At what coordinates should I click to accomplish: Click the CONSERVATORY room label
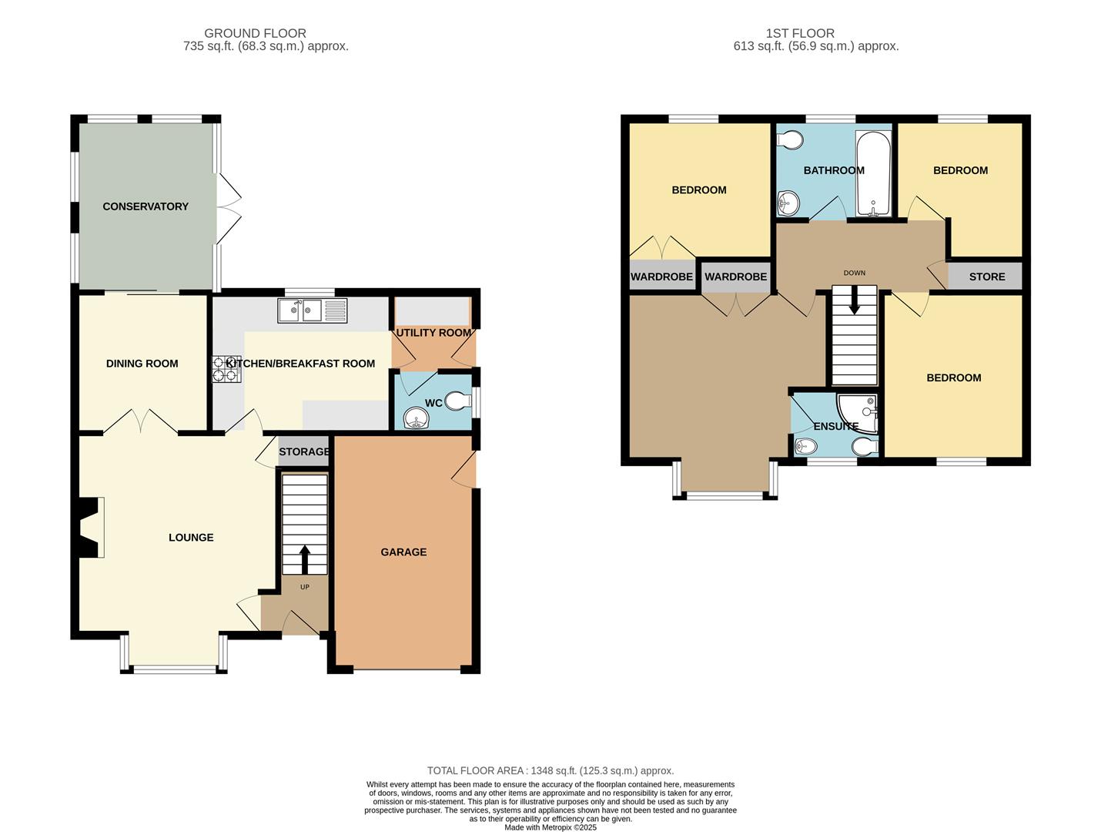146,206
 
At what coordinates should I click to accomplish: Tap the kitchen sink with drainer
312,310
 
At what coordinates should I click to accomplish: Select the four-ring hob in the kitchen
226,369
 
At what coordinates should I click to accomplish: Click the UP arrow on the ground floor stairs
304,559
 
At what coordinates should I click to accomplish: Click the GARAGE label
403,552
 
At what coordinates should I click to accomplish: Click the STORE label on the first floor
986,277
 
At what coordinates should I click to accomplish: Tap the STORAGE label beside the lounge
304,452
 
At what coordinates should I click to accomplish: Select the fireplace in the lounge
91,527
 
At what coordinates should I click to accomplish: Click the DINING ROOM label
142,364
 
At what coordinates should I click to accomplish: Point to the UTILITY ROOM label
433,333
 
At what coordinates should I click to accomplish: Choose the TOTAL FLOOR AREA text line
550,770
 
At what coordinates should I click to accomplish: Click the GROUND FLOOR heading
255,33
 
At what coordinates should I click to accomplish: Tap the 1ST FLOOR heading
800,33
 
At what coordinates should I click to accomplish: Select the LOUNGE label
191,538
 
